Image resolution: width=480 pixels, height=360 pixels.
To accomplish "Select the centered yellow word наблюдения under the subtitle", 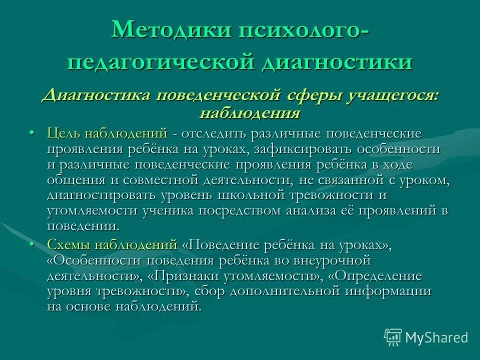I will coord(249,112).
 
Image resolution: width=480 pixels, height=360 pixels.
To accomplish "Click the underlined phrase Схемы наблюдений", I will coord(112,245).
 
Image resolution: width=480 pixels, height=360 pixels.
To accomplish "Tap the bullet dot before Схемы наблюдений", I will coord(32,244).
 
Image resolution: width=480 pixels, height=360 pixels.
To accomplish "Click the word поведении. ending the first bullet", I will coord(83,226).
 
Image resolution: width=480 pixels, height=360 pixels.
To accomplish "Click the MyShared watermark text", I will coord(436,337).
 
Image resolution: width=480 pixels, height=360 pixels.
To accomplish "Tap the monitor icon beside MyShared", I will coord(393,337).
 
